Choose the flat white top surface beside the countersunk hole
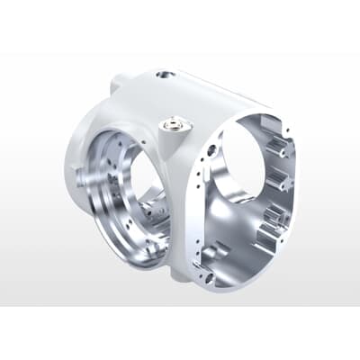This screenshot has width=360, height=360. coord(193,90)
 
